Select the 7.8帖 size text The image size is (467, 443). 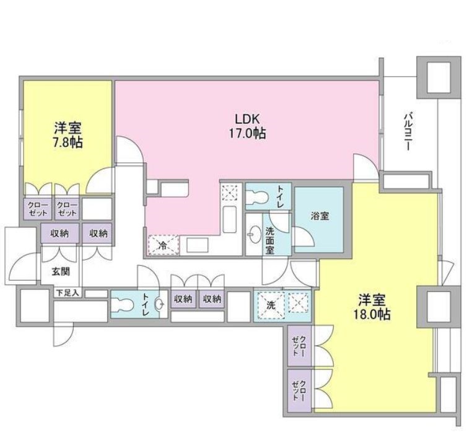[68, 141]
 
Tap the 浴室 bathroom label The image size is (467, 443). [320, 216]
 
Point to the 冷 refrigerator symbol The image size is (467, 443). [162, 245]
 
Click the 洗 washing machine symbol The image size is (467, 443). [271, 305]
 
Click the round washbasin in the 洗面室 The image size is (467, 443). [255, 235]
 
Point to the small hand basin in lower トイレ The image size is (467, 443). [159, 304]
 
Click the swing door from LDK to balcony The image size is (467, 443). [364, 165]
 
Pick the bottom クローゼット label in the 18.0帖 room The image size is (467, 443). [302, 390]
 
